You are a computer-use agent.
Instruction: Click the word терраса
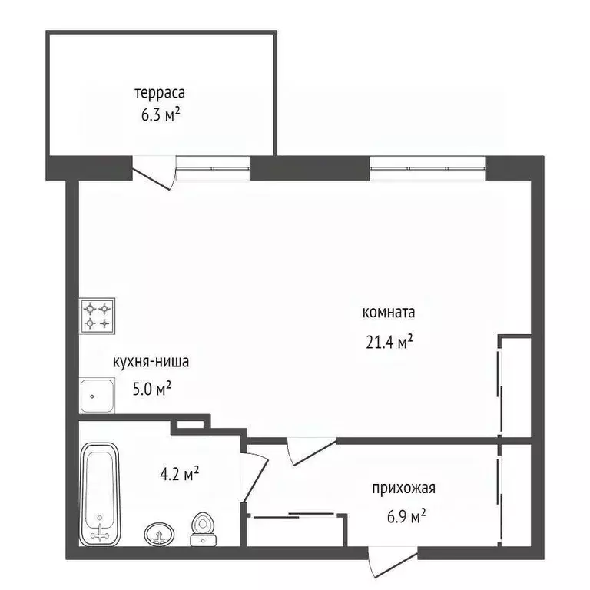[161, 93]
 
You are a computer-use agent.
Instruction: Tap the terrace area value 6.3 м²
[161, 114]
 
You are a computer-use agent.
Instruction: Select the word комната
[388, 313]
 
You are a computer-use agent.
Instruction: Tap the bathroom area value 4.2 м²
[180, 474]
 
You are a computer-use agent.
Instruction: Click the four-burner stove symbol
[98, 316]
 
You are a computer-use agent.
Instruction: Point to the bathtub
[101, 492]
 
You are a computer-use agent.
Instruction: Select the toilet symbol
[202, 529]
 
